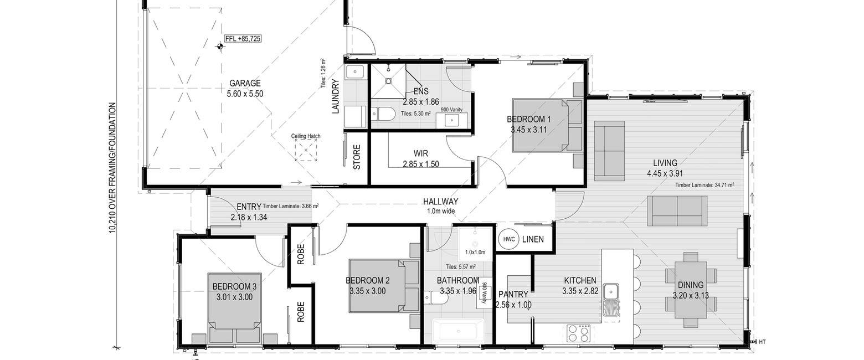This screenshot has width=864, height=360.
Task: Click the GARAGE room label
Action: coord(245,83)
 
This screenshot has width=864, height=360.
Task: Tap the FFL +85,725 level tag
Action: coord(243,39)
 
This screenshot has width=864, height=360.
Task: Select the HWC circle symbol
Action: coord(509,239)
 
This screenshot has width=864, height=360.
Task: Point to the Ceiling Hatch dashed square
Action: coord(306,151)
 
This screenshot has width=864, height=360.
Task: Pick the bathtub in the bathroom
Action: coord(458,331)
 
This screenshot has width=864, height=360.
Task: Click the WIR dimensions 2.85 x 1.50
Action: coord(421,164)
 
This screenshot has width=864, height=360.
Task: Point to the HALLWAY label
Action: coord(440,202)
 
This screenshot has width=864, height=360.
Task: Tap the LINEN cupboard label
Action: coord(533,239)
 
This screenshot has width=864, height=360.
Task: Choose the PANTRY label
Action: coord(513,295)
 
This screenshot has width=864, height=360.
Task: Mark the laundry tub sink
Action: coord(354,72)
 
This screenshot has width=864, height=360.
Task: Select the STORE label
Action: coord(357,157)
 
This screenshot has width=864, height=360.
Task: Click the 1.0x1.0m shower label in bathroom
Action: coord(475,253)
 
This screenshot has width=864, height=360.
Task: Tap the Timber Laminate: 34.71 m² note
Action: coord(704,185)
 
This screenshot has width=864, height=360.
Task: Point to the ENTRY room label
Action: coord(249,207)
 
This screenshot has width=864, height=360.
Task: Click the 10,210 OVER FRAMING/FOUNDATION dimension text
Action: coord(112,168)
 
